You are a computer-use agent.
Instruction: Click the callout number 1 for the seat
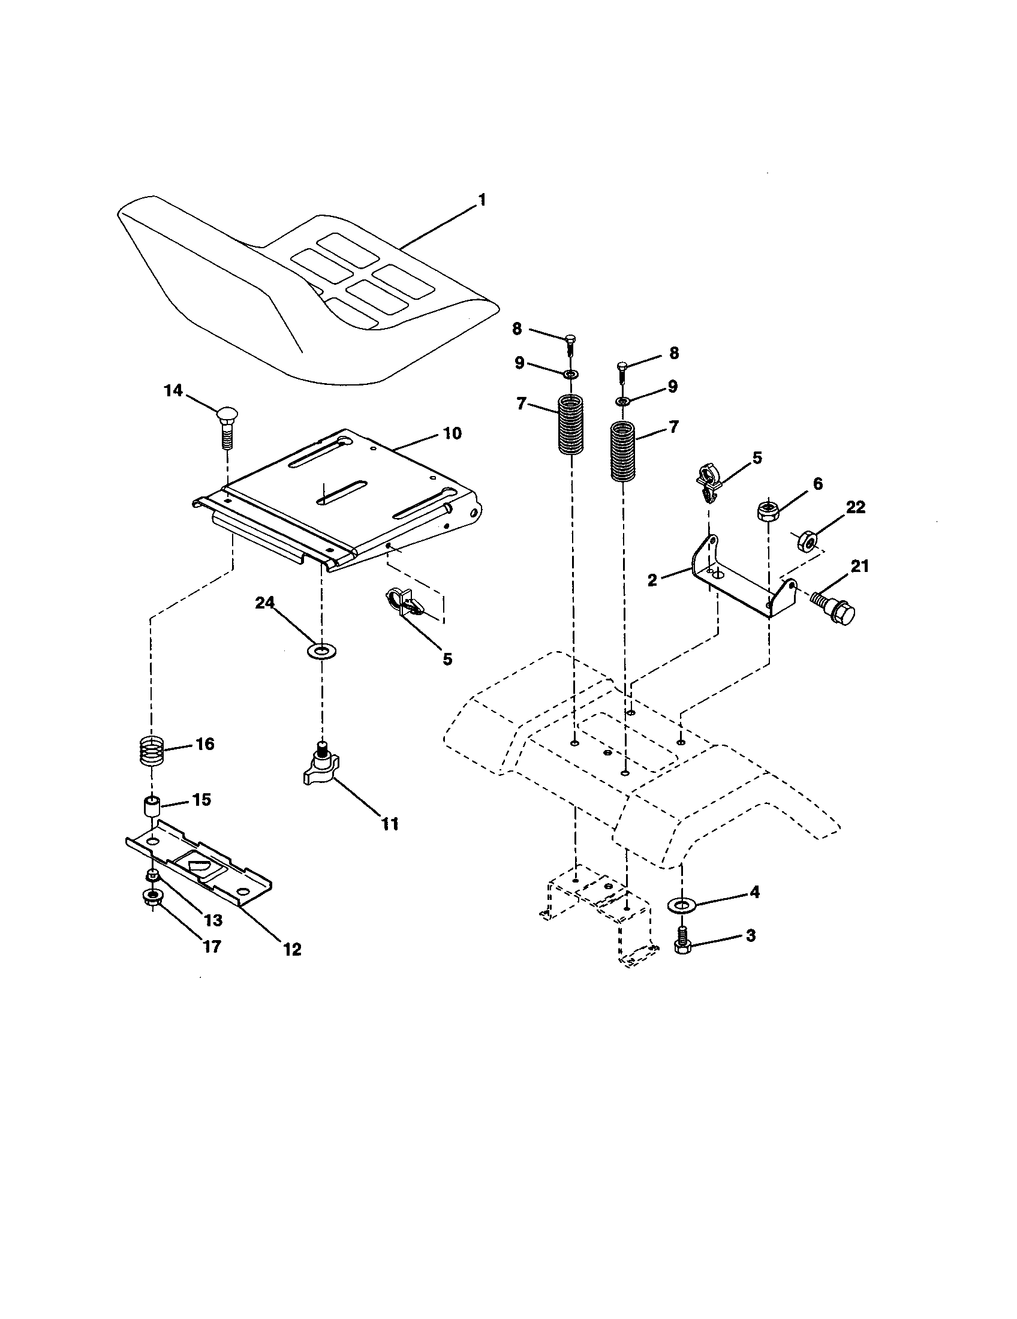482,200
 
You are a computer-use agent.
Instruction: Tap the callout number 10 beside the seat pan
451,433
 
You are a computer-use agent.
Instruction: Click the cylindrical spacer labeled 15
151,808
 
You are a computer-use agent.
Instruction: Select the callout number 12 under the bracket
291,949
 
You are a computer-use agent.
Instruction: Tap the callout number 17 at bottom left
211,945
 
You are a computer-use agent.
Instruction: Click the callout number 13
213,920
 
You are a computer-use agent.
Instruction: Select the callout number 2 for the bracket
652,580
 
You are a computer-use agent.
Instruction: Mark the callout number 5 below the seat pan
447,659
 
